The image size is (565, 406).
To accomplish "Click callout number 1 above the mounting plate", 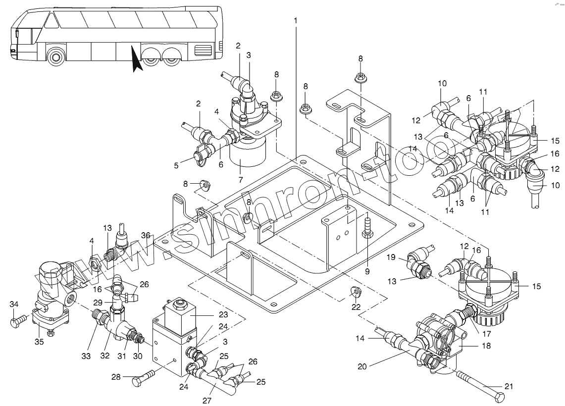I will (296, 21).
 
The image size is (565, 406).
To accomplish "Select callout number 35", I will (39, 341).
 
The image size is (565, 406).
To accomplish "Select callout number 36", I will (145, 235).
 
